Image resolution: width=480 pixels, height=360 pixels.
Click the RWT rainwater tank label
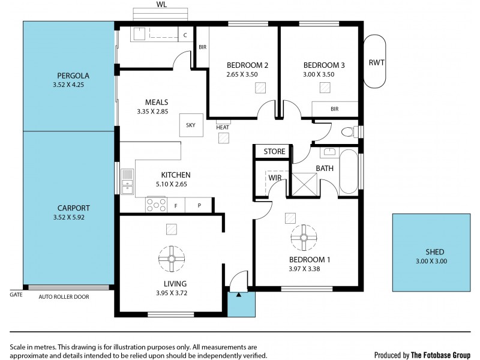[376, 62]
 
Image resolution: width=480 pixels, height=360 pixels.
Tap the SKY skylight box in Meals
[191, 125]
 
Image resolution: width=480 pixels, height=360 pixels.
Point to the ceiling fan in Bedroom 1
[303, 237]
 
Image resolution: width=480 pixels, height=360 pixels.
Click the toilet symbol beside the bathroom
[347, 131]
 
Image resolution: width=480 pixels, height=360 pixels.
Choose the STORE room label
[274, 152]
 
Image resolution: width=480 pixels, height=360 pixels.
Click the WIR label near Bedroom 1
[275, 178]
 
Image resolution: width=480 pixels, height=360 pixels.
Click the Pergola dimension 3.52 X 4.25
[73, 85]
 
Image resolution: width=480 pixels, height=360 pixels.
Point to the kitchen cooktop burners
[156, 205]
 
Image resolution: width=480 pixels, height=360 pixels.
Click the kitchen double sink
[127, 182]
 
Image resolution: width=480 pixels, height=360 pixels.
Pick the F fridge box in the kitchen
[176, 206]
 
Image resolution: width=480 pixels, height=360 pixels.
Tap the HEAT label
[223, 127]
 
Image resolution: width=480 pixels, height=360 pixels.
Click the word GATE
[16, 295]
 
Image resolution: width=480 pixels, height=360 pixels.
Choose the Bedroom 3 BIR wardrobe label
[334, 109]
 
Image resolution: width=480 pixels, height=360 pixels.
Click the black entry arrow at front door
[239, 294]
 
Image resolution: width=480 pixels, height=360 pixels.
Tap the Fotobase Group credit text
[423, 354]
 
